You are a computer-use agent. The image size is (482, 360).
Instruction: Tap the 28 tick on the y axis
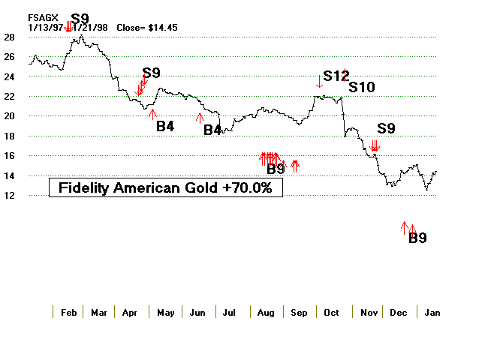(10, 37)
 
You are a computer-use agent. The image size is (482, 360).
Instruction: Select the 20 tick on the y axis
(10, 116)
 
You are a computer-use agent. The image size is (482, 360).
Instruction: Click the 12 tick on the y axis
(10, 196)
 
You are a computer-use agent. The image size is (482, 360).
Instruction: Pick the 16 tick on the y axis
(10, 156)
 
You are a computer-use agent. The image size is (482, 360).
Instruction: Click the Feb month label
(68, 313)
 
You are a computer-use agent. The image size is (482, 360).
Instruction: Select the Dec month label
(396, 313)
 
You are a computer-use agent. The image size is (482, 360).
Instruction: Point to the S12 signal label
(336, 76)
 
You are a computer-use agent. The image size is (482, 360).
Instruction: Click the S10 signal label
(361, 88)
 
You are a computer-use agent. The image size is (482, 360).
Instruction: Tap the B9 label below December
(418, 238)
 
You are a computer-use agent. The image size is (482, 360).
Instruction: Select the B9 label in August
(276, 169)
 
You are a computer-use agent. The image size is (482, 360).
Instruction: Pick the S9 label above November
(386, 128)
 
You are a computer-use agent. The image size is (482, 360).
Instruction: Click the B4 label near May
(165, 126)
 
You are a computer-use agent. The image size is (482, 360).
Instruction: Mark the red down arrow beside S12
(319, 81)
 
